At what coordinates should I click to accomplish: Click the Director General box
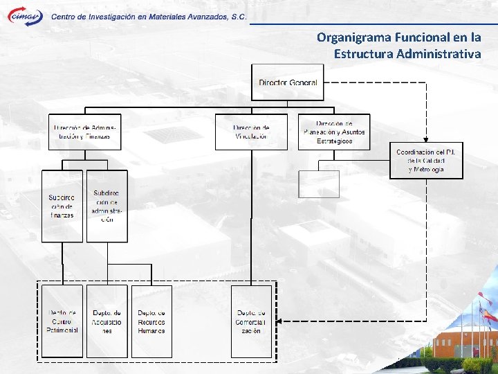pyautogui.click(x=288, y=82)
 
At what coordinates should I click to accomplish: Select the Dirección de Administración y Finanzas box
pyautogui.click(x=85, y=132)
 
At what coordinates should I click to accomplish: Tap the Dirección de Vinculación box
pyautogui.click(x=251, y=132)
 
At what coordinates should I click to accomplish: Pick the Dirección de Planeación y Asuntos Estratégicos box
pyautogui.click(x=334, y=132)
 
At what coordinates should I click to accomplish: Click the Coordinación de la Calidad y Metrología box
pyautogui.click(x=426, y=160)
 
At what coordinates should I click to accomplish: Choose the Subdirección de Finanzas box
pyautogui.click(x=62, y=206)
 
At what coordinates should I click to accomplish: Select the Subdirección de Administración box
pyautogui.click(x=107, y=206)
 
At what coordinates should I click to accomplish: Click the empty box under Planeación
pyautogui.click(x=319, y=184)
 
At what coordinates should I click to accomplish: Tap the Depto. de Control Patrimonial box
pyautogui.click(x=62, y=321)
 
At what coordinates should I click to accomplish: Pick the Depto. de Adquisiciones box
pyautogui.click(x=107, y=321)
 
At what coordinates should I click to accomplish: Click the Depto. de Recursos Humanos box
pyautogui.click(x=151, y=321)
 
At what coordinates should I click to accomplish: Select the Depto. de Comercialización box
pyautogui.click(x=251, y=321)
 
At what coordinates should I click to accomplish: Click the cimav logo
pyautogui.click(x=25, y=17)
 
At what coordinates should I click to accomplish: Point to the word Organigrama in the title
pyautogui.click(x=356, y=37)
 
